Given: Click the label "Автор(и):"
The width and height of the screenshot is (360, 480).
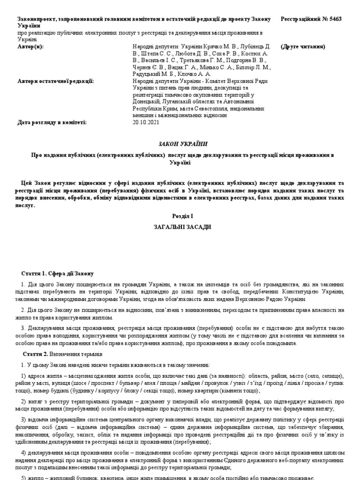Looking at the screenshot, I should click(x=30, y=47).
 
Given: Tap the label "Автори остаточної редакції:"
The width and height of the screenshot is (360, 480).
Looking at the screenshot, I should click(x=55, y=81).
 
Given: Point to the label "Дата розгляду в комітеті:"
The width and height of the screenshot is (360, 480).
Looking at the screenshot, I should click(x=52, y=122).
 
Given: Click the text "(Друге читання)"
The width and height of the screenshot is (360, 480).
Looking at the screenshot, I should click(x=303, y=47).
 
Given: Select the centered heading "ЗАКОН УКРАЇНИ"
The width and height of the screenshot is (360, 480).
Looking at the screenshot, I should click(x=180, y=143).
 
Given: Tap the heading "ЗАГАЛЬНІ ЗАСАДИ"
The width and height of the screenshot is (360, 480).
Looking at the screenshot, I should click(x=180, y=227).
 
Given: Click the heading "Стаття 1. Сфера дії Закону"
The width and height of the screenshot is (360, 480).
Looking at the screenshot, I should click(x=58, y=274).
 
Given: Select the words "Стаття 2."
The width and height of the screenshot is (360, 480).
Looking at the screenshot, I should click(x=36, y=354).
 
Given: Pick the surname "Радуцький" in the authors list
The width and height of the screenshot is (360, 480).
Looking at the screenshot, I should click(x=149, y=74).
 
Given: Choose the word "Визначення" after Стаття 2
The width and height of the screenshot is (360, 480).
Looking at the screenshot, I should click(x=66, y=354).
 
